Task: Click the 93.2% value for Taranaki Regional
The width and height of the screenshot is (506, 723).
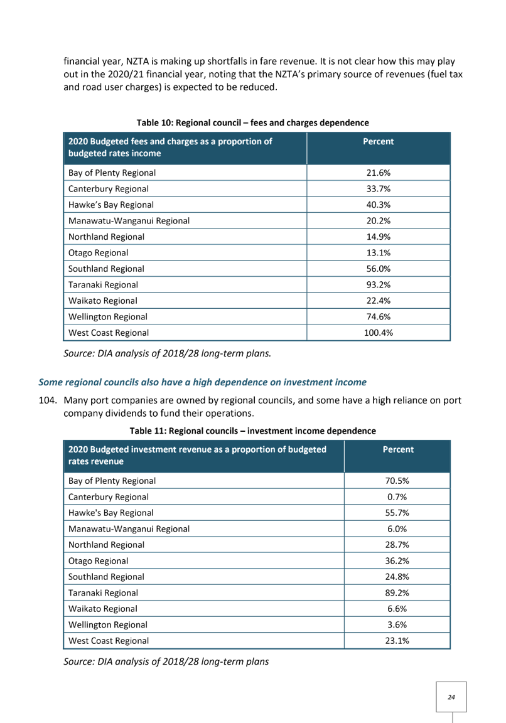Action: point(378,285)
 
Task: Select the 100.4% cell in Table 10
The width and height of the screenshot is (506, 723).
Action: point(378,333)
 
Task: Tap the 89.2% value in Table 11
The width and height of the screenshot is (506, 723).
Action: point(397,593)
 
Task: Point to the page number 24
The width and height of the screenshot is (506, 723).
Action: point(451,697)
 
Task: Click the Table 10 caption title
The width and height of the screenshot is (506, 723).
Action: point(253,122)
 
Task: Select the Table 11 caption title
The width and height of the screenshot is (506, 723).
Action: point(253,431)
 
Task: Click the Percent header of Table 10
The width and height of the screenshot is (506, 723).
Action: point(378,142)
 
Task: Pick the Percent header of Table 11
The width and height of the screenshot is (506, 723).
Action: point(398,449)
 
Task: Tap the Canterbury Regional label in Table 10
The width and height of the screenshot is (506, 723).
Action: point(109,189)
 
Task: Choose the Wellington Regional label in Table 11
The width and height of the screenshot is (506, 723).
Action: point(108,625)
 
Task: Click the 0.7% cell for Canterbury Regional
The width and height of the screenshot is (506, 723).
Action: point(397,497)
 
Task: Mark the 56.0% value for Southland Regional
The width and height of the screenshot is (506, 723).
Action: point(378,269)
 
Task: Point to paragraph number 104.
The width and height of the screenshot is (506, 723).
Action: point(48,400)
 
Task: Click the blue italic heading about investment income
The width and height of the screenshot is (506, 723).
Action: point(203,382)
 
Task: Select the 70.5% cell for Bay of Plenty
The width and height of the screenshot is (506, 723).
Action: point(397,481)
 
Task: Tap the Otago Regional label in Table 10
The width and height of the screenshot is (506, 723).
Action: point(98,253)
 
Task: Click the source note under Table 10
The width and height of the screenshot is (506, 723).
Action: point(168,354)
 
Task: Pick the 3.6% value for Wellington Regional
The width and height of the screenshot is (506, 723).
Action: point(397,625)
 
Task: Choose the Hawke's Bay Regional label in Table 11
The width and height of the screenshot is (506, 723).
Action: point(111,513)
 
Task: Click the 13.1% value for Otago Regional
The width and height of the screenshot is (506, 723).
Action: point(378,253)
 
